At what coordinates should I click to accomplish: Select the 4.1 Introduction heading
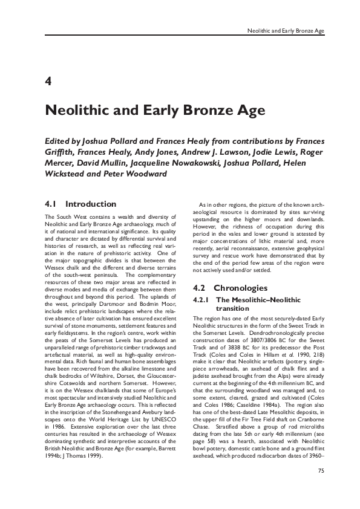pyautogui.click(x=80, y=204)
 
